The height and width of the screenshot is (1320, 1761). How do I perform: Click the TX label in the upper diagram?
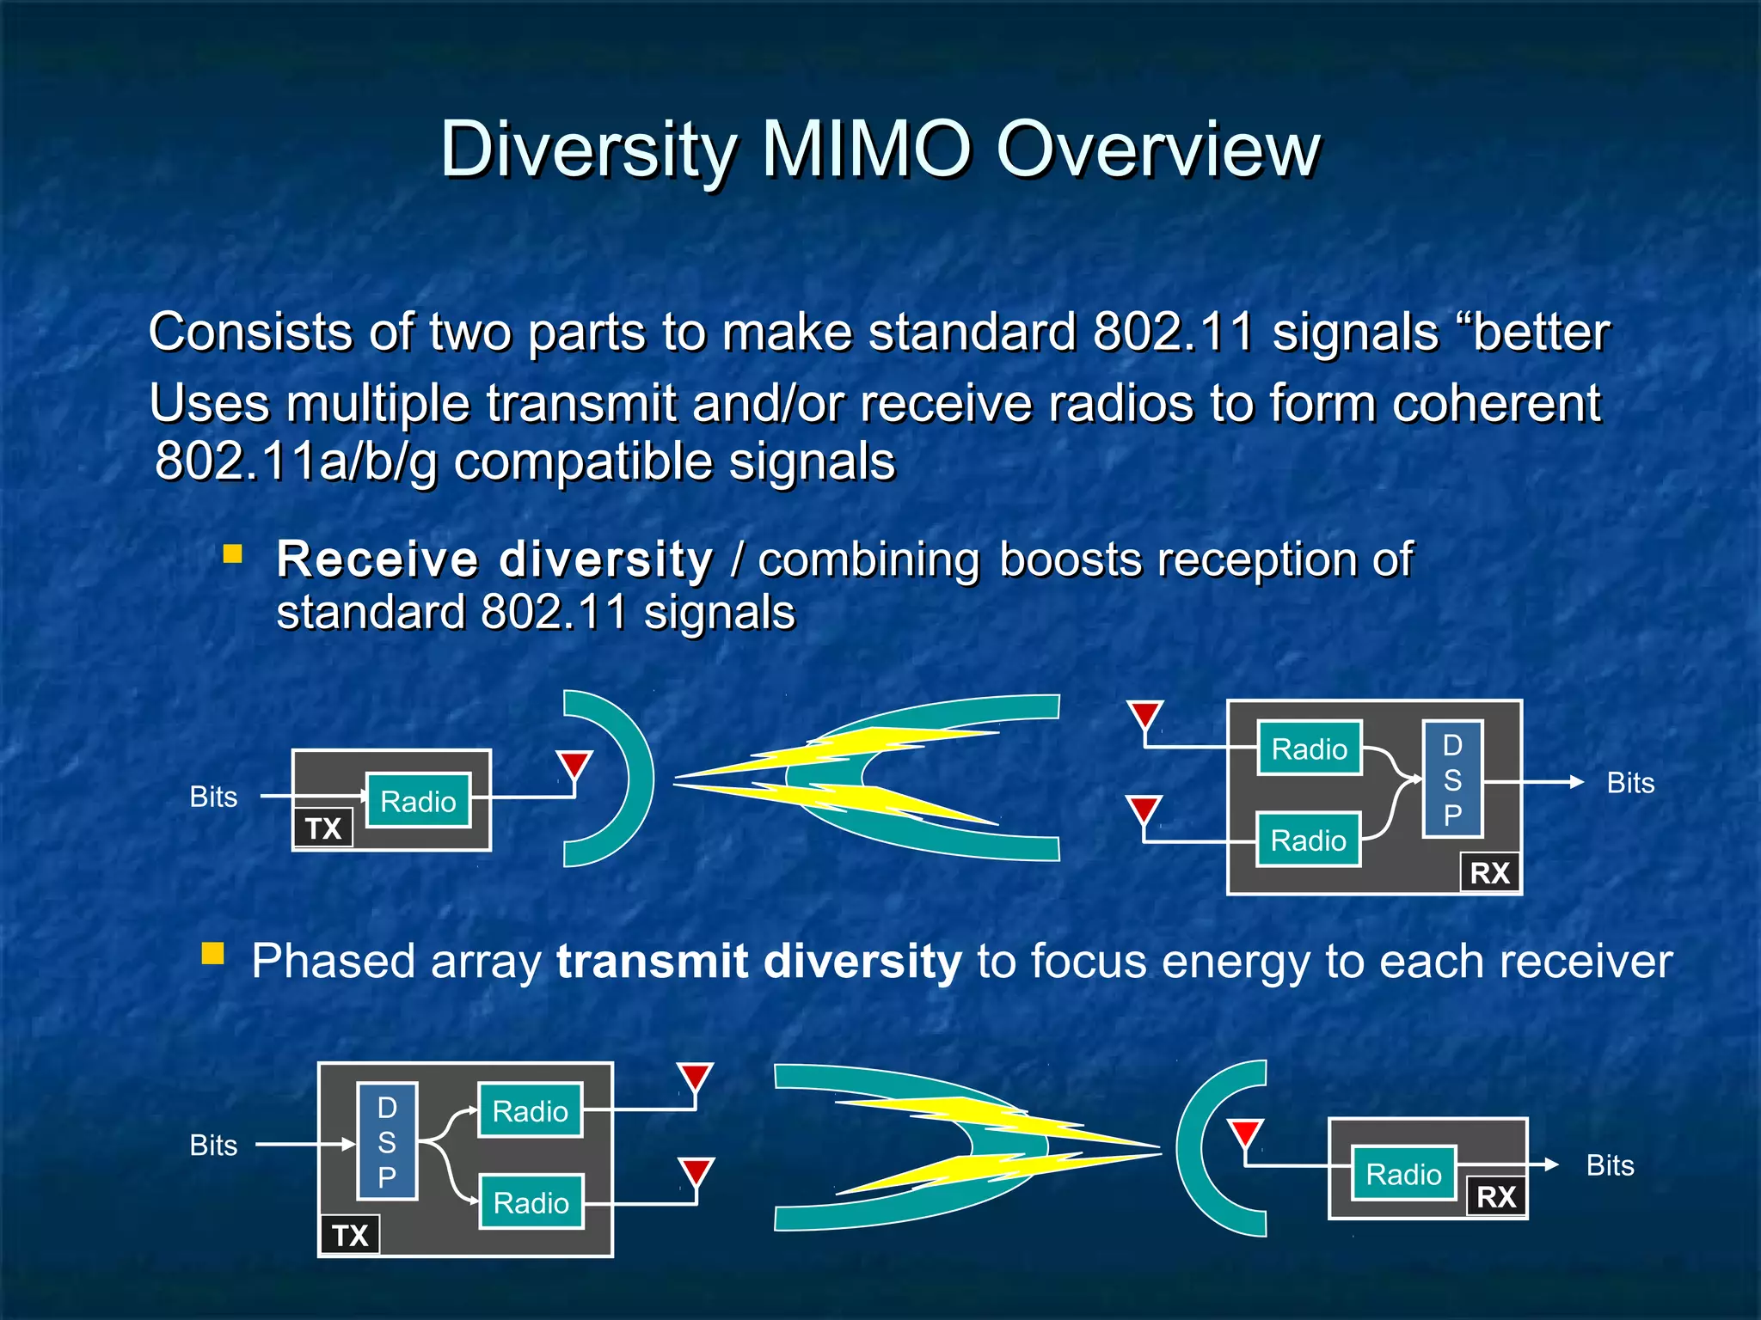pos(323,828)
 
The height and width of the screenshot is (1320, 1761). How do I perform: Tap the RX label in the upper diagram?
pos(1489,873)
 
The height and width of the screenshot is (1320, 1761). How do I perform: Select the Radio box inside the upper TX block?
pos(418,801)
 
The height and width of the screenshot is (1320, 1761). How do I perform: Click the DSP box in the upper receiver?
pos(1452,779)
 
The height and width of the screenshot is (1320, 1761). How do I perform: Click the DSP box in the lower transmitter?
pos(388,1141)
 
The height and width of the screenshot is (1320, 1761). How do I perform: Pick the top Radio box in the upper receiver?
pos(1309,749)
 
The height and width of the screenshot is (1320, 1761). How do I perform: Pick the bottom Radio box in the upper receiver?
pos(1308,840)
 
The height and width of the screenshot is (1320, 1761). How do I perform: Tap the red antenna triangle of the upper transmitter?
pos(574,764)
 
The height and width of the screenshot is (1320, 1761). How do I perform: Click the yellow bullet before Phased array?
pos(212,954)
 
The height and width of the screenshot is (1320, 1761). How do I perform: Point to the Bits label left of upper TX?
pos(213,797)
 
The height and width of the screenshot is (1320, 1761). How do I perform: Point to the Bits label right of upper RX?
pos(1630,783)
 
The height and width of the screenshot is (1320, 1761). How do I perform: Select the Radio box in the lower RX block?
pos(1403,1173)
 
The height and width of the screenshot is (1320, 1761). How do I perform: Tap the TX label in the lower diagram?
pos(350,1235)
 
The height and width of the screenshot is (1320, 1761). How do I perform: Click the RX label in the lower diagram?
pos(1496,1196)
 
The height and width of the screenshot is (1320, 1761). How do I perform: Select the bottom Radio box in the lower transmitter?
pos(531,1202)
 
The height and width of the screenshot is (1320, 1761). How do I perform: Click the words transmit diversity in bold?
pos(758,961)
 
